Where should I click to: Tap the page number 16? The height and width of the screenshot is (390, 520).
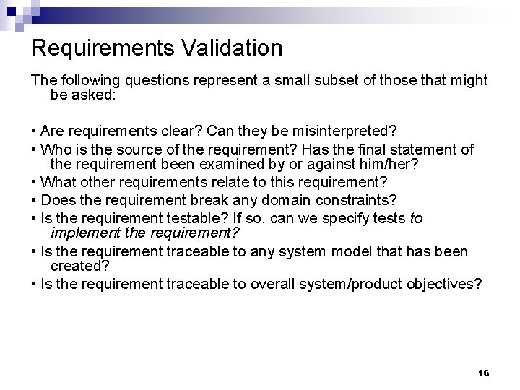484,373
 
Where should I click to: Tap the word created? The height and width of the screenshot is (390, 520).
79,266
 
